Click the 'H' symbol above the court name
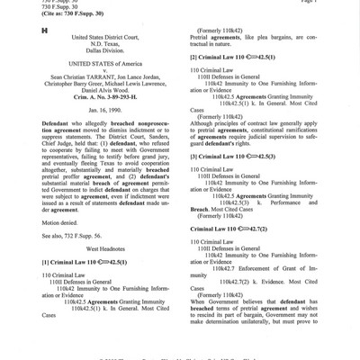31,31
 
